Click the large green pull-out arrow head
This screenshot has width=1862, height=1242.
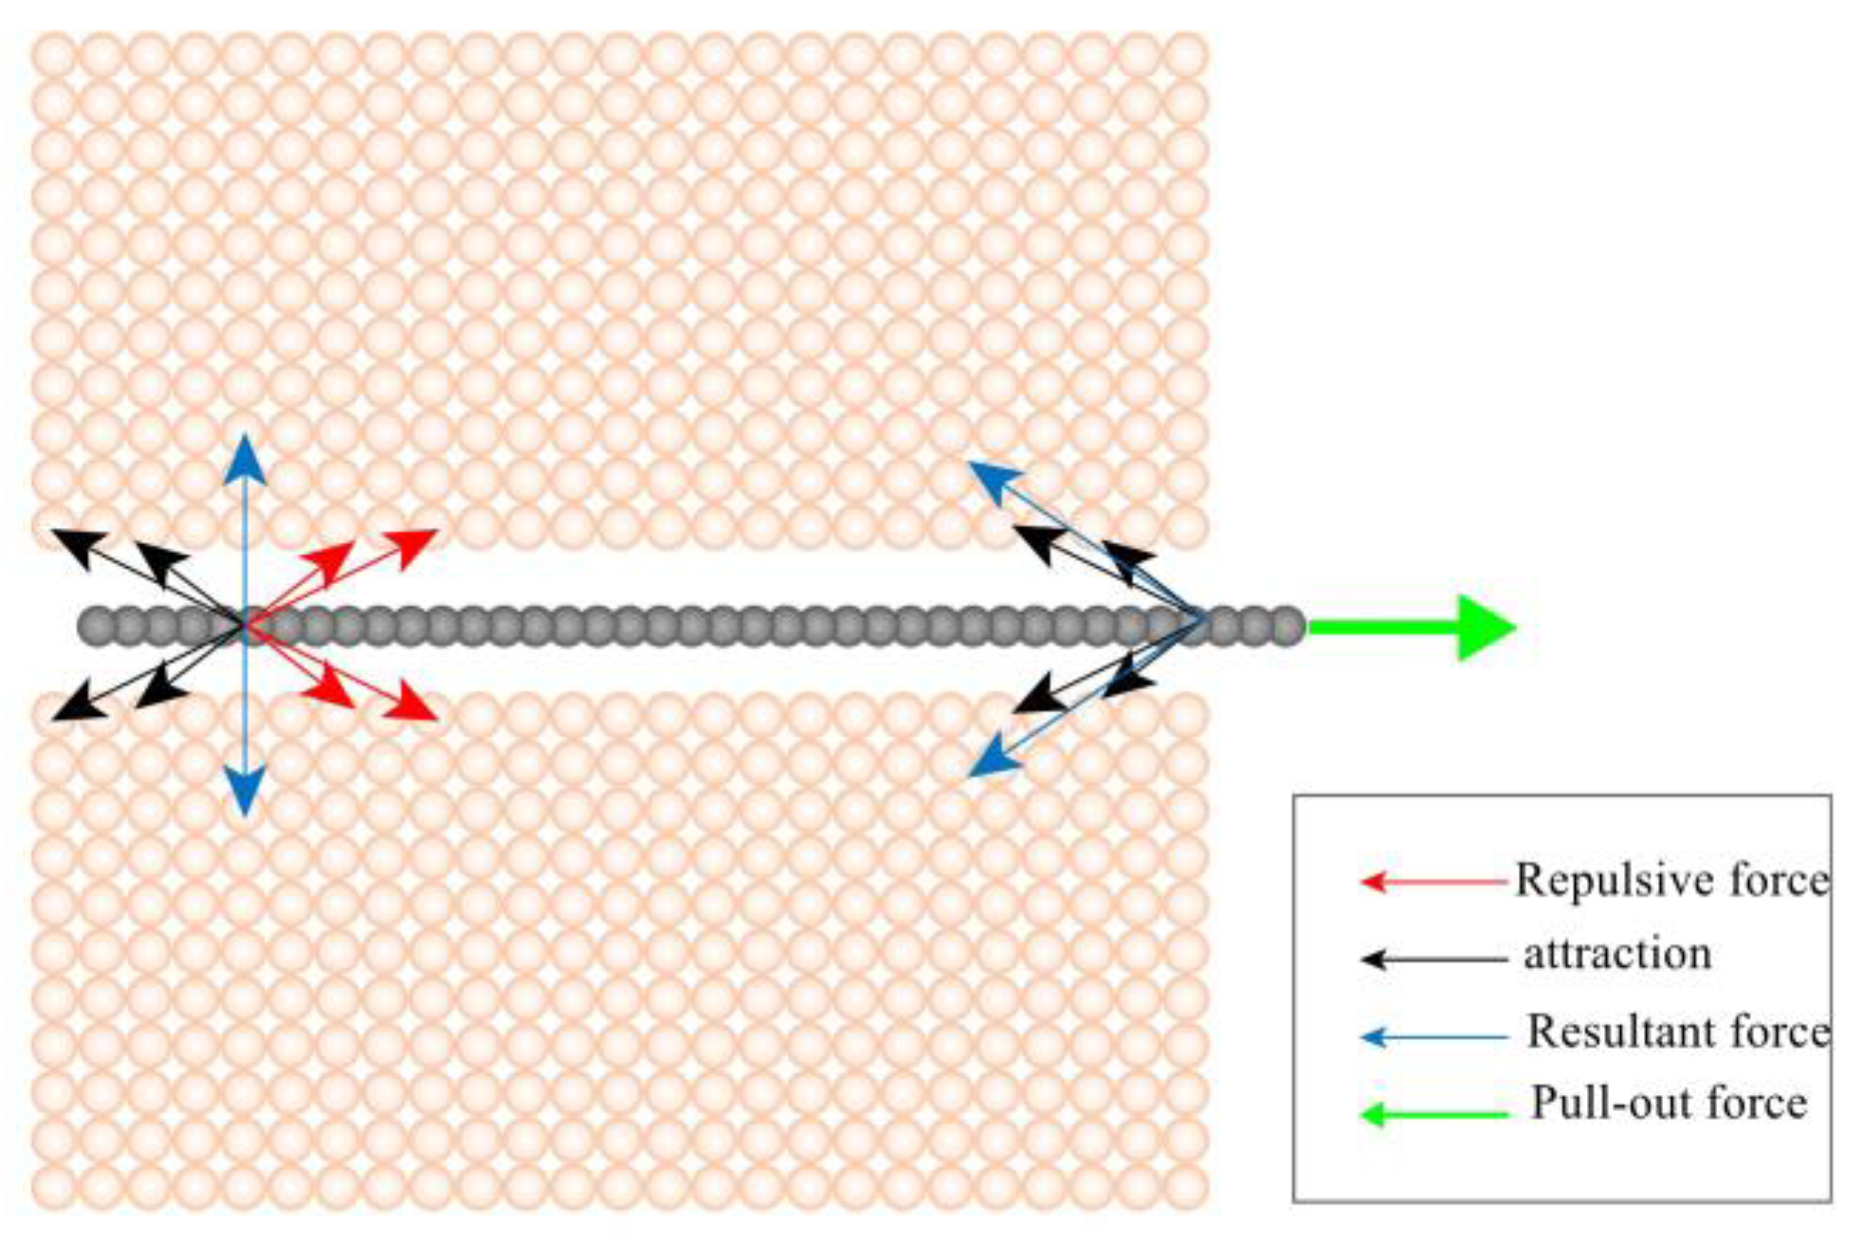coord(1485,627)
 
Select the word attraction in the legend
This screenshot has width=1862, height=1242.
coord(1617,954)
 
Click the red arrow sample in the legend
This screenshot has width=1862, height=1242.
coord(1432,882)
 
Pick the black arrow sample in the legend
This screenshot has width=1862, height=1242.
coord(1432,959)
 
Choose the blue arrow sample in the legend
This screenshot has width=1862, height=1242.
coord(1432,1037)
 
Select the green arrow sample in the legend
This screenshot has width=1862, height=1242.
coord(1432,1115)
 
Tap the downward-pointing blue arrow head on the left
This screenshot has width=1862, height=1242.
coord(246,793)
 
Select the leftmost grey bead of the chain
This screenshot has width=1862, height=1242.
coord(96,627)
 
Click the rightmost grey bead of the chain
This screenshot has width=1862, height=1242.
coord(1287,627)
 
